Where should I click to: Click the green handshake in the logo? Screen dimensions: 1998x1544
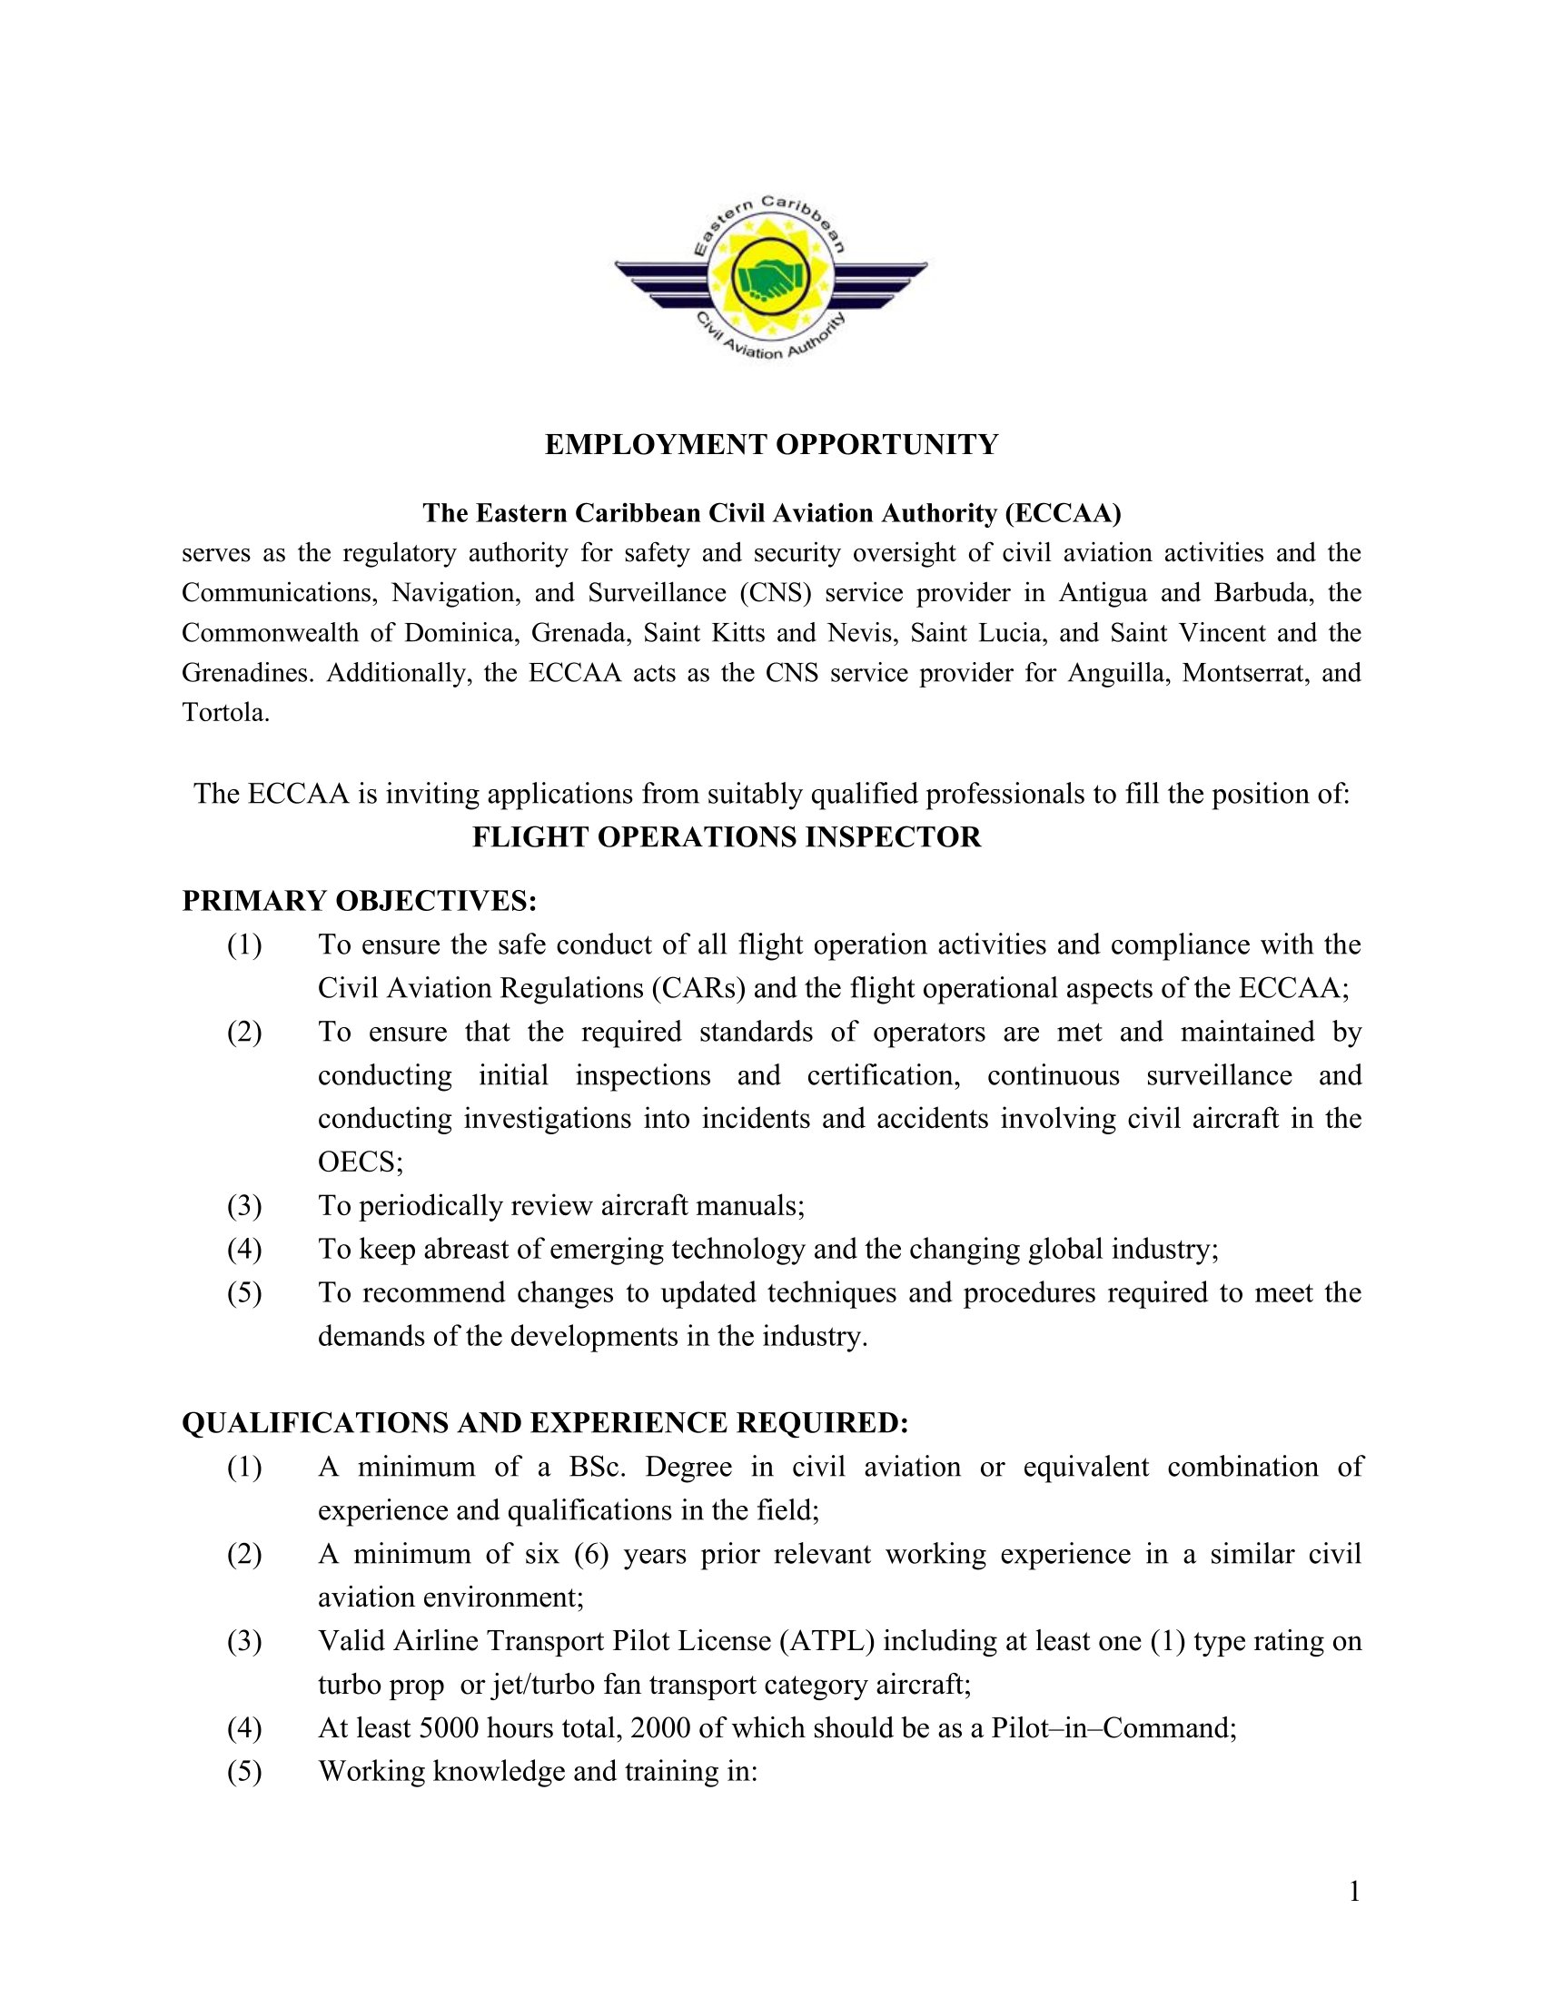pyautogui.click(x=771, y=276)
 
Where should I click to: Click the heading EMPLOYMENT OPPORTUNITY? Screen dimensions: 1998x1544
pyautogui.click(x=771, y=445)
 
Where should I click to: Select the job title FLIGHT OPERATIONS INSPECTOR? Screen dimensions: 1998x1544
pyautogui.click(x=727, y=837)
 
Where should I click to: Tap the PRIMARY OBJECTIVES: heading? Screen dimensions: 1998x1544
pyautogui.click(x=360, y=901)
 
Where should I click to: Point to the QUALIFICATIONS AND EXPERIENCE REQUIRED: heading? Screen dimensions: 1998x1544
pyautogui.click(x=545, y=1422)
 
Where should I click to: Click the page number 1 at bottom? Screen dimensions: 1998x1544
pyautogui.click(x=1354, y=1892)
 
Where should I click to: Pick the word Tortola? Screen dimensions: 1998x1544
pyautogui.click(x=226, y=713)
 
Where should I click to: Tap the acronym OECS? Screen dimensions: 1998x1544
pyautogui.click(x=361, y=1162)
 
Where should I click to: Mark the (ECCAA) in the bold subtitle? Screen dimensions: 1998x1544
pyautogui.click(x=1063, y=513)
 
